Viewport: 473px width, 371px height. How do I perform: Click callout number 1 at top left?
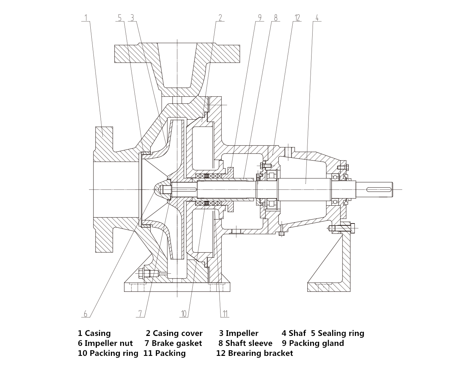point(86,18)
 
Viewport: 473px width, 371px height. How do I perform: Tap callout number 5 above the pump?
point(120,18)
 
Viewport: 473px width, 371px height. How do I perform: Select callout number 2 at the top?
point(220,18)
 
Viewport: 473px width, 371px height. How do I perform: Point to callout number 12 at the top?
point(297,18)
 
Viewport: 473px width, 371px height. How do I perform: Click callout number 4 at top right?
point(317,18)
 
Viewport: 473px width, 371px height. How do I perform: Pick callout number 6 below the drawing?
point(86,314)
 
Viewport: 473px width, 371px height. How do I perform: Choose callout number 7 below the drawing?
point(140,314)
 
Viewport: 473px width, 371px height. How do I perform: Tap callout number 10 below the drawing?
point(184,314)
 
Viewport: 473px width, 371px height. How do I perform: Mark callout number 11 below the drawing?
point(225,314)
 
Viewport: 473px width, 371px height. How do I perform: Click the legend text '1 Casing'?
point(94,333)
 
